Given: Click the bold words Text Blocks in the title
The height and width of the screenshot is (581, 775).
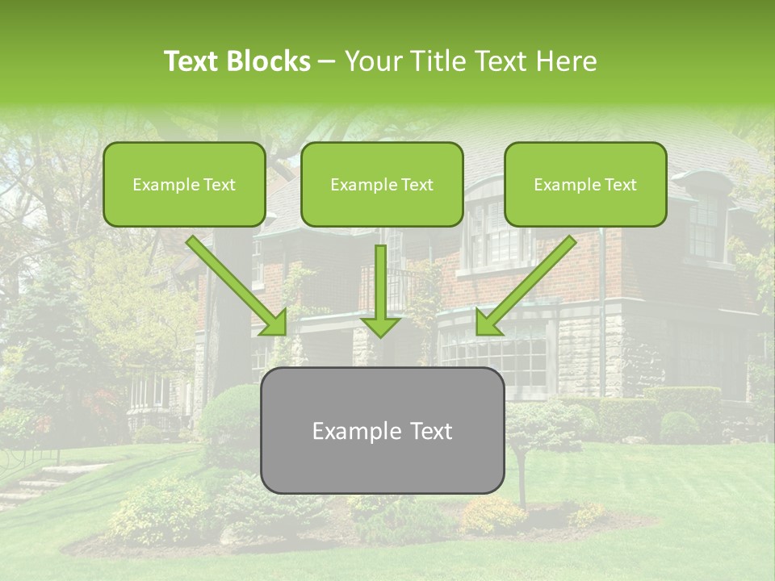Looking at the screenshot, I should pos(237,61).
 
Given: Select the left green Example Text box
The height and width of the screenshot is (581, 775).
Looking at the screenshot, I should pos(184,185).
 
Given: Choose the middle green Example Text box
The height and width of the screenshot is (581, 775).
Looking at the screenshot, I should pos(382,185).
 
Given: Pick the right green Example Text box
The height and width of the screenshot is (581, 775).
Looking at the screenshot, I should pos(585,185).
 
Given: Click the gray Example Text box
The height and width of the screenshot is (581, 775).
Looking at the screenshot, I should pos(382,431).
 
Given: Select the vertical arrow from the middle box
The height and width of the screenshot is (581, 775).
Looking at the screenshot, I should pos(380,286).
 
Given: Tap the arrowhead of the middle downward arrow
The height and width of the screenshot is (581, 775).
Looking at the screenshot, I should pos(380,326).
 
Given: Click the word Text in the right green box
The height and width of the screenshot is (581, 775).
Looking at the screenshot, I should pos(620,185).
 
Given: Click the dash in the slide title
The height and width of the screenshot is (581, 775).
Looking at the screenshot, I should pos(327,61).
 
